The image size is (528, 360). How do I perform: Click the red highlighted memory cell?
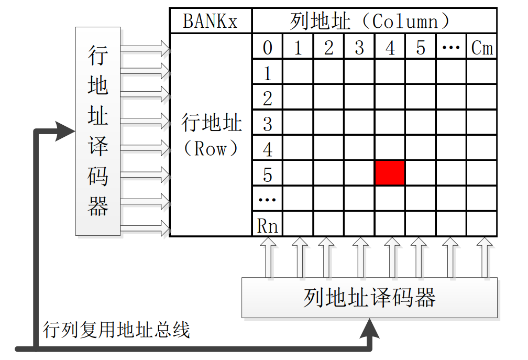pos(390,173)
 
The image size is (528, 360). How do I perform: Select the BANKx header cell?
pos(210,21)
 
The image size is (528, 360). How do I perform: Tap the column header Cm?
pos(481,48)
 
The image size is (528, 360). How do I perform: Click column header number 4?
pos(390,48)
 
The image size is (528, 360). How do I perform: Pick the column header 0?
pos(267,48)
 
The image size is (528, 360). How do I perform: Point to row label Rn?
pos(267,225)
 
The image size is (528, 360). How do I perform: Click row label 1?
pos(267,73)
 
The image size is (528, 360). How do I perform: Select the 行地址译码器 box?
pos(98,131)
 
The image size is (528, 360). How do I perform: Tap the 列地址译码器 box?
pos(369,298)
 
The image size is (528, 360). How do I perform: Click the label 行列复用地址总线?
pos(116,331)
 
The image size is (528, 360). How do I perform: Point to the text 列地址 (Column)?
pos(370,21)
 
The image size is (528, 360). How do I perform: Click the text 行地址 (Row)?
pos(211,135)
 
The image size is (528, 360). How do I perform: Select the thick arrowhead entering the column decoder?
pos(371,329)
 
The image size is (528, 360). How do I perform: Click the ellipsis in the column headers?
pos(450,48)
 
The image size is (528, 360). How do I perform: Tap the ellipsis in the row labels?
pos(267,200)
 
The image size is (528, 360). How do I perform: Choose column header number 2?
pos(328,48)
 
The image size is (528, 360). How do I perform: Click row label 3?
pos(267,124)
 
